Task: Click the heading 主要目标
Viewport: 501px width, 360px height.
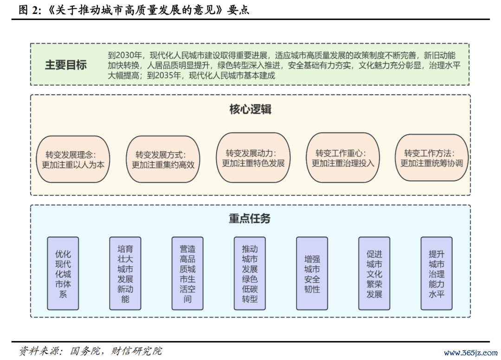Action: coord(66,65)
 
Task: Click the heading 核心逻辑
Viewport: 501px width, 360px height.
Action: coord(250,109)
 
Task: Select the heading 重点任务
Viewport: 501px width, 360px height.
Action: coord(250,219)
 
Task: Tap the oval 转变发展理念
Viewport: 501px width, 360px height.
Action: coord(73,160)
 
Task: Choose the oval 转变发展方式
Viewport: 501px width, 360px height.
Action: coord(163,160)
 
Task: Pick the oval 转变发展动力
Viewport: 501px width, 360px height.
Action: coord(253,158)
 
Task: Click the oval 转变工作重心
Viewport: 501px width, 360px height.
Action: coord(343,158)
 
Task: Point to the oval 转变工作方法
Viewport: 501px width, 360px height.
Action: coord(432,158)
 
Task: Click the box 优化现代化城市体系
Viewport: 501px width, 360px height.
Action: coord(63,273)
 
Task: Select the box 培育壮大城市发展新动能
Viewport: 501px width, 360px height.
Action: coord(125,273)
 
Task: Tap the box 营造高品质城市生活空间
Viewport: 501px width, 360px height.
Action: coord(187,273)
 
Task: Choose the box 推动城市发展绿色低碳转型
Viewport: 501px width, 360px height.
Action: coord(250,273)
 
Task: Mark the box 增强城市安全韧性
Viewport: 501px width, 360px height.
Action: coord(312,273)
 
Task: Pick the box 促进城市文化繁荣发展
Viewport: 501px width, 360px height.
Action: coord(374,273)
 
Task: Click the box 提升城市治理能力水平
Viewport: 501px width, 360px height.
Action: coord(437,273)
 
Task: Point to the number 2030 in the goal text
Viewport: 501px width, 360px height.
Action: coord(125,55)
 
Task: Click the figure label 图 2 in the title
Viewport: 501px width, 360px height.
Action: coord(29,10)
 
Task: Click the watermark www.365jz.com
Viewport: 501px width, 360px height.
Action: coord(471,353)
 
